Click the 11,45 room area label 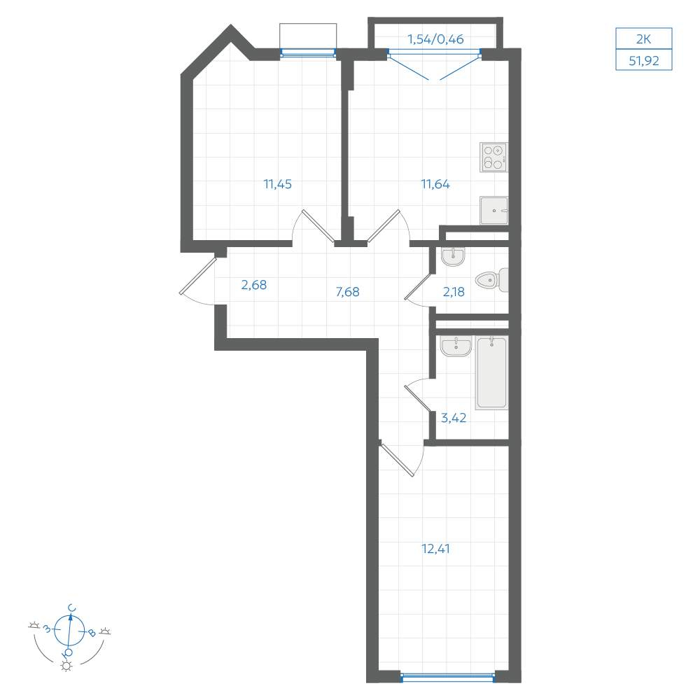278,184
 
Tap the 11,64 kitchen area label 435,184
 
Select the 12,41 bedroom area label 435,549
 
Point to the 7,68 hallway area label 347,292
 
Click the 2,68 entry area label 254,285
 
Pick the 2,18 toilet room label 454,292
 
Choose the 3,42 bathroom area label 454,418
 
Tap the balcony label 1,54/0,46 435,39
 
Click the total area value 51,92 644,60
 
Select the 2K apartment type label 644,39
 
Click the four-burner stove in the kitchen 493,157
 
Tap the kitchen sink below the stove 493,210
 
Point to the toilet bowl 491,281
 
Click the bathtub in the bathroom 491,373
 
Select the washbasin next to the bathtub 456,346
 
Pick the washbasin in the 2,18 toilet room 453,257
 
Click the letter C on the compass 71,608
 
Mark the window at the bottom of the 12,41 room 448,677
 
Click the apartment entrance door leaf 198,276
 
